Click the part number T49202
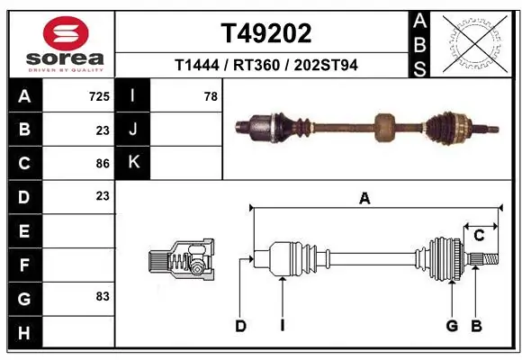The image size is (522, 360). point(266,33)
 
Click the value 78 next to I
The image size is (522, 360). point(211,96)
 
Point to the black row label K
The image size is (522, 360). point(133,163)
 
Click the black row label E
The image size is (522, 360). point(23,230)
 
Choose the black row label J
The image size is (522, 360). point(133,130)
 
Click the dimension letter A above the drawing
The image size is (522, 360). point(364,199)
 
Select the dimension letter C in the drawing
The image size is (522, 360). point(480,236)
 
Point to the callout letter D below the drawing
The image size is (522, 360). point(240,326)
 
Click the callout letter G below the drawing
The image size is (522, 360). point(452,326)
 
